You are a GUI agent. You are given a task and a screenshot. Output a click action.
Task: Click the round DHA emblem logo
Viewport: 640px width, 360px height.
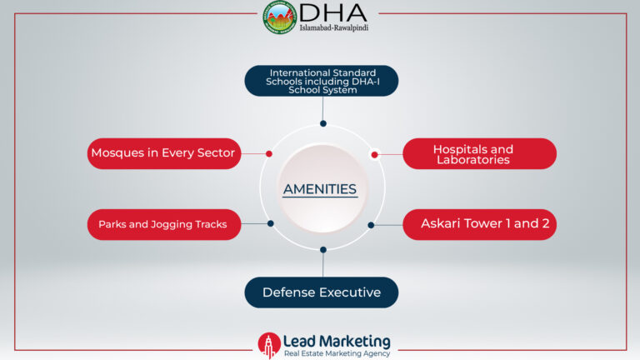tap(279, 17)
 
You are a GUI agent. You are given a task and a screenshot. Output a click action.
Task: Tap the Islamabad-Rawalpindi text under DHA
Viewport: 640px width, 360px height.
tap(334, 27)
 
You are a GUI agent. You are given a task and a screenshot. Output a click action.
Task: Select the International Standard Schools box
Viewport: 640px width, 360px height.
tap(322, 81)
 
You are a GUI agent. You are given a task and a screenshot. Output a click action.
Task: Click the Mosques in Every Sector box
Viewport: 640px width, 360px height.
tap(164, 153)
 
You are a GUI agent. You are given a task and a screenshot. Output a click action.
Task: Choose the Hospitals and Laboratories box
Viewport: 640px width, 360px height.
tap(480, 153)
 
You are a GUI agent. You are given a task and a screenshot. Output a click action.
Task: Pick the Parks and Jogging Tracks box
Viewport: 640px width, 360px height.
tap(164, 224)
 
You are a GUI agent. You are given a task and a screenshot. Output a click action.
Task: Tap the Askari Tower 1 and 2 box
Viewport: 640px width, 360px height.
tap(480, 224)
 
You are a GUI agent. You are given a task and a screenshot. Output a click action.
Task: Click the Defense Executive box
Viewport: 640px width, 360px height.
tap(322, 292)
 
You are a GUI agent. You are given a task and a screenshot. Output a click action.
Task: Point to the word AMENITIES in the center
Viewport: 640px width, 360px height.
tap(320, 189)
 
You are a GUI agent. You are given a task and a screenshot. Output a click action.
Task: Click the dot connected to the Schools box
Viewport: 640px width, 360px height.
tap(323, 123)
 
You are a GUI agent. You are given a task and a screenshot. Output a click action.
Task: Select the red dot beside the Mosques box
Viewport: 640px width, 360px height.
tap(269, 154)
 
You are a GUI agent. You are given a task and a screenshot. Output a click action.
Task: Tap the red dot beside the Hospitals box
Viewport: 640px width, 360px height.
tap(375, 155)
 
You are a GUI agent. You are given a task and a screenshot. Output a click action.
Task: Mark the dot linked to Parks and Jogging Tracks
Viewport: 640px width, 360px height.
tap(271, 223)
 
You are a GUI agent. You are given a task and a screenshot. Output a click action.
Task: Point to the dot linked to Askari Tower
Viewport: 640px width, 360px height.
tap(371, 225)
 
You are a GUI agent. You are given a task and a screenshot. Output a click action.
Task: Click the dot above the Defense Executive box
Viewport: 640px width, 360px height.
tap(323, 249)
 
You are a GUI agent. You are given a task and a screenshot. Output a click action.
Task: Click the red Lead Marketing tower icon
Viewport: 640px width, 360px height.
tap(269, 345)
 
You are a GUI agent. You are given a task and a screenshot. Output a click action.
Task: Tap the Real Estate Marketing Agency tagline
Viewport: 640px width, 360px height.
tap(337, 353)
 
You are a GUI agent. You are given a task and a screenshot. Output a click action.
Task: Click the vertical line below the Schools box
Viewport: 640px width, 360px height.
tap(322, 108)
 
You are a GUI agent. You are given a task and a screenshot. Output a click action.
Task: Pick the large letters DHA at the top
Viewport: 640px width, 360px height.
tap(333, 13)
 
